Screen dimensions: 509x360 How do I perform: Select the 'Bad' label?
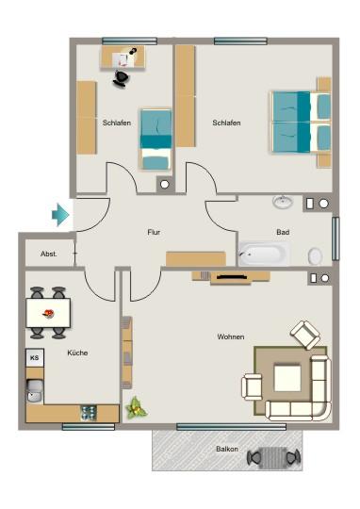[282, 232]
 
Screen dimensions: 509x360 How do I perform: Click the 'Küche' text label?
[77, 353]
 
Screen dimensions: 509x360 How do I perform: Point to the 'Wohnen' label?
[231, 337]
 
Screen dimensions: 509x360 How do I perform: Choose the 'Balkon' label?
[227, 449]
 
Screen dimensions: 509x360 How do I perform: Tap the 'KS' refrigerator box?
[35, 358]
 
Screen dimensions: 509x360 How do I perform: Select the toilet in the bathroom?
[315, 255]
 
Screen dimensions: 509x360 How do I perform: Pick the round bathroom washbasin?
[282, 202]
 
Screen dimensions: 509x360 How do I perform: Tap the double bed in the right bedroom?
[302, 122]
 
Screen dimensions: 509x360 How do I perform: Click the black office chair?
[122, 79]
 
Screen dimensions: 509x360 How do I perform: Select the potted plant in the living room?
[137, 408]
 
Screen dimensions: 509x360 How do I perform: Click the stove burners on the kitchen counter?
[89, 412]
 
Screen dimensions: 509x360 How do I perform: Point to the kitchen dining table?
[47, 311]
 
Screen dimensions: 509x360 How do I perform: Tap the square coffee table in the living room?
[288, 379]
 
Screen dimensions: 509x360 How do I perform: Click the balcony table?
[273, 457]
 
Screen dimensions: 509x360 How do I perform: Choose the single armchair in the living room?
[305, 334]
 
